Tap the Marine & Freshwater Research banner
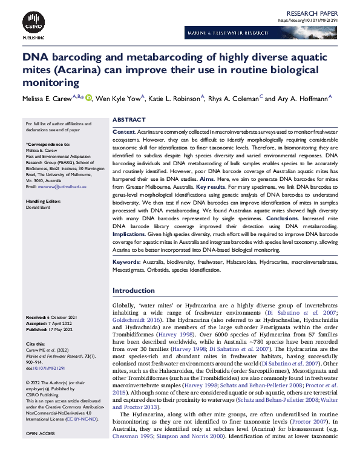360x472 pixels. [x=260, y=34]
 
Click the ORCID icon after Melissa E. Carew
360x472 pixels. [x=89, y=98]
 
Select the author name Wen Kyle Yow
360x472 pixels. [x=118, y=99]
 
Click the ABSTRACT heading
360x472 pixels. [x=129, y=120]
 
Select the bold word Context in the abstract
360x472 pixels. [x=124, y=131]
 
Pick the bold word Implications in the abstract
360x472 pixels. [x=133, y=250]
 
